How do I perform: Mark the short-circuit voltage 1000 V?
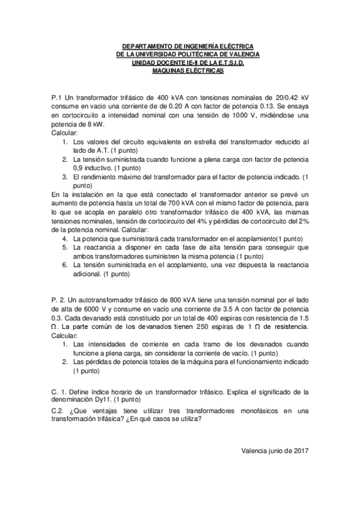[x=243, y=115]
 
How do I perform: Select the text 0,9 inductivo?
[x=97, y=168]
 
